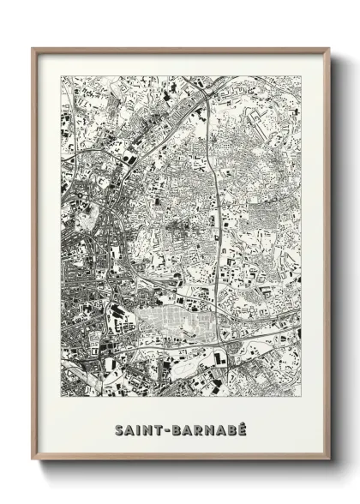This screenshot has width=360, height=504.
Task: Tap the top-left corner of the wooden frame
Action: [33, 49]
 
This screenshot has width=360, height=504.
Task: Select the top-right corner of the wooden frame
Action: [328, 49]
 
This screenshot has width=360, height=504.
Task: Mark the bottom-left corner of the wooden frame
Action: [33, 460]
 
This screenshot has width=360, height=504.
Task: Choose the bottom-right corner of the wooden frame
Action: [328, 460]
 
